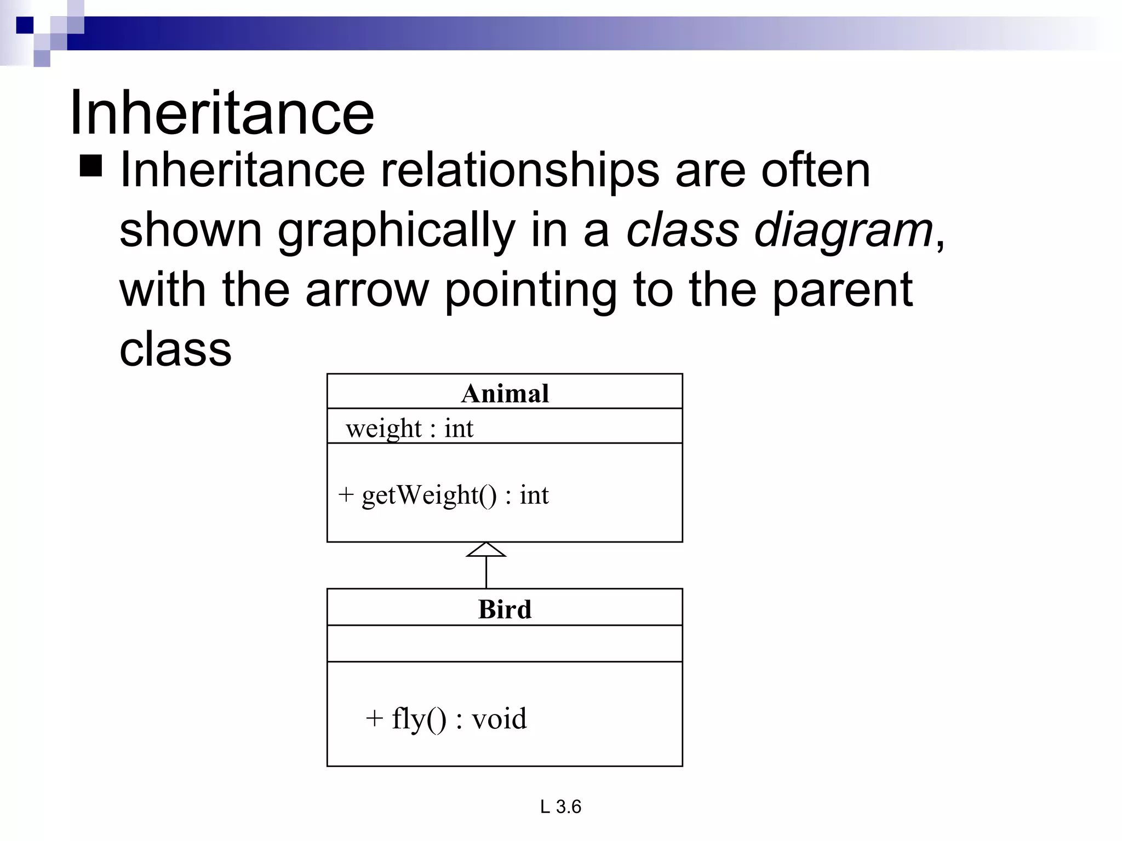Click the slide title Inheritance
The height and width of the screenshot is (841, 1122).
coord(222,113)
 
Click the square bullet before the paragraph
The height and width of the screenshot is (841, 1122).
coord(91,166)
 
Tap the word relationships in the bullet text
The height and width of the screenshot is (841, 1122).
coord(519,171)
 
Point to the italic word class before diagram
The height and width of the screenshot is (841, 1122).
coord(683,230)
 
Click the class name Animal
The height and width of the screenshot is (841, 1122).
coord(505,393)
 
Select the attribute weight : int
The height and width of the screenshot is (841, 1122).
coord(409,428)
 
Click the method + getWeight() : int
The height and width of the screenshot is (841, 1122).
coord(443,495)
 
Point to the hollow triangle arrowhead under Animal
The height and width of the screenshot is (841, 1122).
coord(486,550)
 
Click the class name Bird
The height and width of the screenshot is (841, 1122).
coord(505,609)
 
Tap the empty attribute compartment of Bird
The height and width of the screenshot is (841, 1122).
coord(505,643)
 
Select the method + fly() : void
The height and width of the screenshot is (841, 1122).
coord(446,718)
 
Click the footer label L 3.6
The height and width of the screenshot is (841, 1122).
coord(560,807)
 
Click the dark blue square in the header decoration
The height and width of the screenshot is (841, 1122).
coord(25,25)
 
